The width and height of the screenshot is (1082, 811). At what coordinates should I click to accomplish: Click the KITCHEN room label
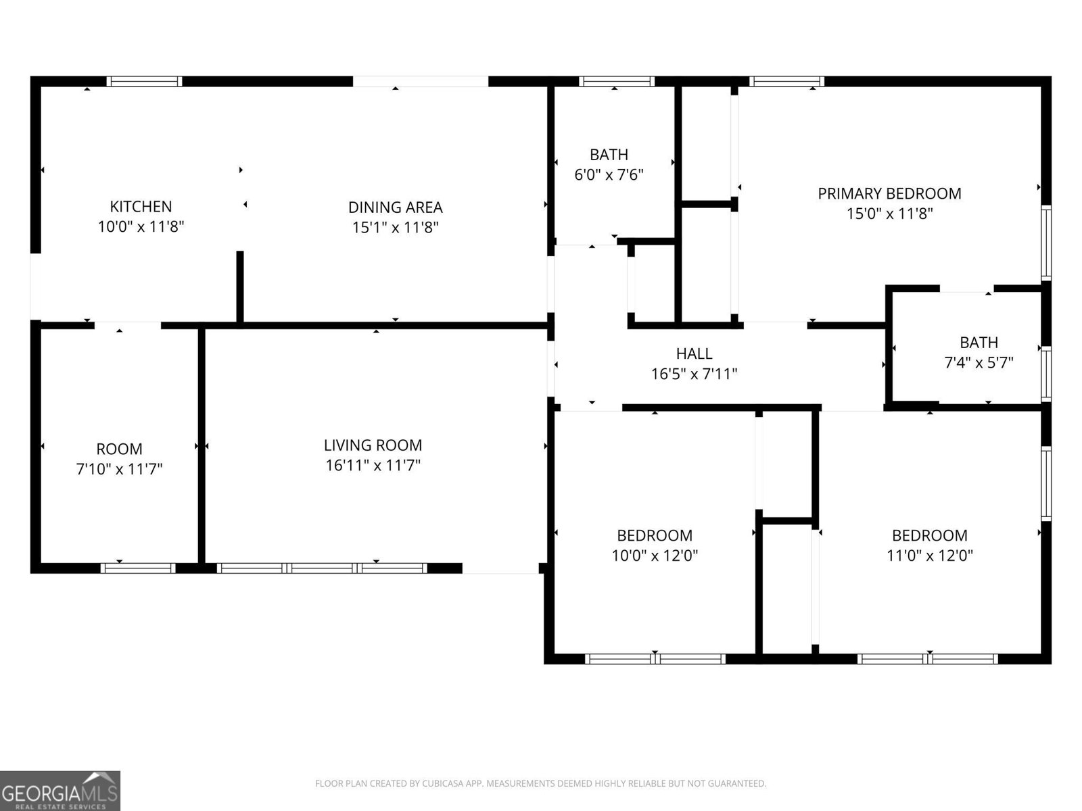tap(141, 206)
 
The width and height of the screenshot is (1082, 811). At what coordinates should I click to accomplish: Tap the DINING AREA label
tap(395, 207)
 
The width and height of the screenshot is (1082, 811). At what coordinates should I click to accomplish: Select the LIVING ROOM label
tap(373, 445)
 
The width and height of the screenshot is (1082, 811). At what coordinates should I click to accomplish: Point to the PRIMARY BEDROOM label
tap(889, 193)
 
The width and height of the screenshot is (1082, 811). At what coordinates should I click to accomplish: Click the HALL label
tap(694, 353)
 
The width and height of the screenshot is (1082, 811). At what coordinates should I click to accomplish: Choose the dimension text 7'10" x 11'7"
tap(119, 469)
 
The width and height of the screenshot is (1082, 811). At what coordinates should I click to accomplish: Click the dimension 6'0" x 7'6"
tap(609, 175)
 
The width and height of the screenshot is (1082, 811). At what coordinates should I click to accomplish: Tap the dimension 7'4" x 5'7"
tap(979, 363)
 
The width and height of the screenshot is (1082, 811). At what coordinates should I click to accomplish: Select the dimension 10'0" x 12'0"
tap(655, 556)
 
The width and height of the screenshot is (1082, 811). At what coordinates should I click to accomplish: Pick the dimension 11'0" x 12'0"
tap(929, 556)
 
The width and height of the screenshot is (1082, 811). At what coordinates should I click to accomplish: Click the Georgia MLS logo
tap(60, 790)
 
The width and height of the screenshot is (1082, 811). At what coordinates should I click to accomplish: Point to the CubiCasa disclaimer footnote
tap(540, 784)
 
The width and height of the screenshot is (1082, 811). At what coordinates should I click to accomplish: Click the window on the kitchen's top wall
tap(144, 82)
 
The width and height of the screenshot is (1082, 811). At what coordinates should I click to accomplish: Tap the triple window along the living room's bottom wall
tap(322, 568)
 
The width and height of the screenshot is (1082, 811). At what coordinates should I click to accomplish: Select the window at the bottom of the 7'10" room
tap(138, 568)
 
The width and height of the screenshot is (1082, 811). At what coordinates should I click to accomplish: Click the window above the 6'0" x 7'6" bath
tap(616, 82)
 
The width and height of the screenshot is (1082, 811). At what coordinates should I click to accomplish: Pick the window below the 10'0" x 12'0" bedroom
tap(655, 658)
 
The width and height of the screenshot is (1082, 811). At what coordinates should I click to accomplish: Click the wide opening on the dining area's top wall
tap(420, 82)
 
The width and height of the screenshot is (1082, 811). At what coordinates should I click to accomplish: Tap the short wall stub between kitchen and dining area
tap(239, 287)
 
